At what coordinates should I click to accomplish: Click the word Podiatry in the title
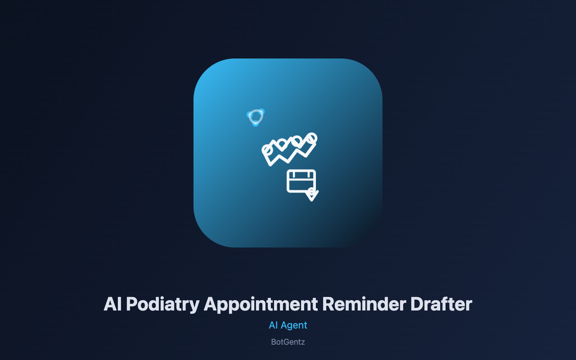tap(163, 305)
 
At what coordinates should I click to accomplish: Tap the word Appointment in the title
tap(261, 305)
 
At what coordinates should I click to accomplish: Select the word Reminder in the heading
tap(364, 304)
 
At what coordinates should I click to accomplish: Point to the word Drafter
tap(441, 304)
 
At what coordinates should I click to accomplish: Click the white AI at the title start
tap(112, 304)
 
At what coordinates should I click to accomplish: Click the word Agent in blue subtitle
tap(294, 325)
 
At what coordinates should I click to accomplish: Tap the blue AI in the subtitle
tap(273, 325)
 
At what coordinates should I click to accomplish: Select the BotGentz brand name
tap(288, 342)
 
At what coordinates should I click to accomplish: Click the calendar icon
tap(301, 181)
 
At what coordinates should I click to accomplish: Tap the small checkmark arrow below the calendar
tap(312, 195)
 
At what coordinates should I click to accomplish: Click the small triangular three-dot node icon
tap(255, 117)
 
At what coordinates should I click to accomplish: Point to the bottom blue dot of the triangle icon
tap(255, 124)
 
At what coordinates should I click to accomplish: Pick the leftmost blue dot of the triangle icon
tap(249, 114)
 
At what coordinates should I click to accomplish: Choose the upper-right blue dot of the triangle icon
tap(261, 112)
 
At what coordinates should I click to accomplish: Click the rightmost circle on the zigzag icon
tap(312, 138)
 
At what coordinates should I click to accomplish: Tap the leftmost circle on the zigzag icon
tap(267, 149)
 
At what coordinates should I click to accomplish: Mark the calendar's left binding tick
tap(294, 174)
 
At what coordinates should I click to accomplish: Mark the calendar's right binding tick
tap(308, 174)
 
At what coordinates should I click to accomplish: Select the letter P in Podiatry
tap(132, 304)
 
